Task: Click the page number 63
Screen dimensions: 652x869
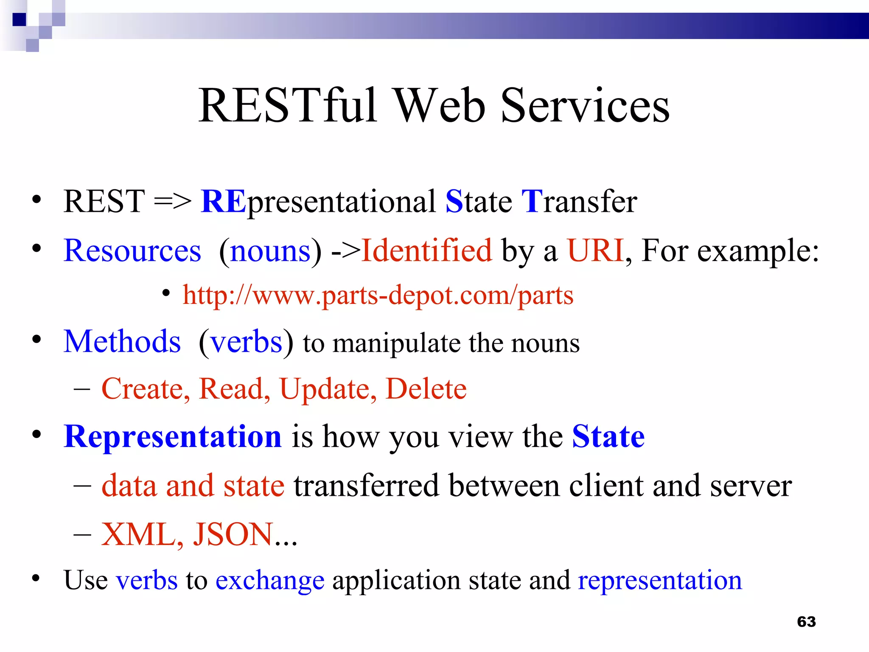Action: coord(806,622)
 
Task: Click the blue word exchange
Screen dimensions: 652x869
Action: coord(270,580)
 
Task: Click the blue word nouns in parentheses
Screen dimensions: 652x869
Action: coord(270,251)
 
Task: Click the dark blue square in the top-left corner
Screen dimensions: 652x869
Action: coord(19,20)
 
